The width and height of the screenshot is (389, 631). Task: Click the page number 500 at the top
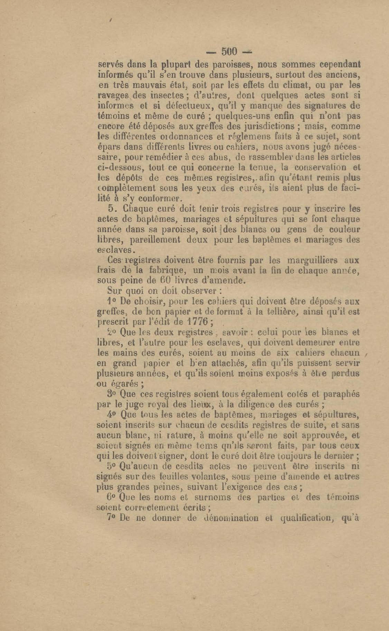pyautogui.click(x=229, y=52)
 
